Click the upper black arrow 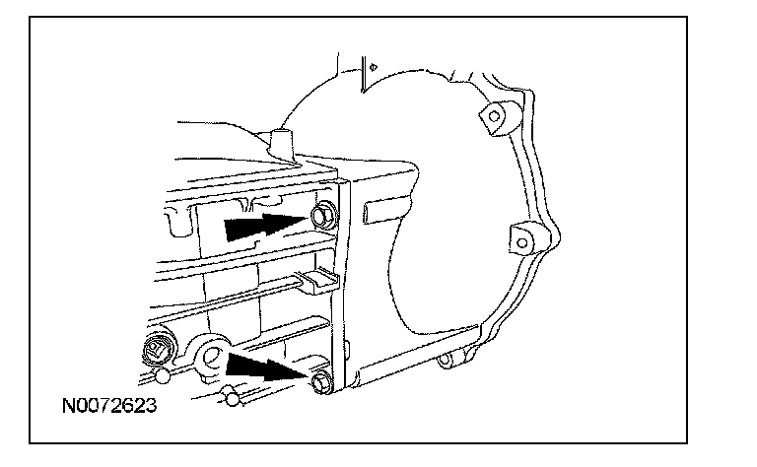[x=260, y=227]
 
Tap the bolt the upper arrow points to [x=321, y=216]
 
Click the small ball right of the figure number [x=231, y=398]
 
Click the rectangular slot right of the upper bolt [x=378, y=211]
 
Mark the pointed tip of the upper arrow [x=304, y=220]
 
